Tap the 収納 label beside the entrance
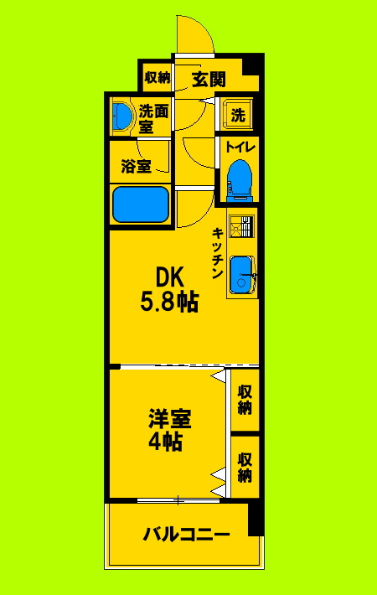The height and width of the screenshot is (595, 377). click(x=157, y=78)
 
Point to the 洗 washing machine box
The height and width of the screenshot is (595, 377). click(x=238, y=116)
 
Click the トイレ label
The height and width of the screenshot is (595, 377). click(x=240, y=147)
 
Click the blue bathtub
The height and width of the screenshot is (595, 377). click(x=140, y=204)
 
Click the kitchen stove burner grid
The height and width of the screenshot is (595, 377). click(x=241, y=228)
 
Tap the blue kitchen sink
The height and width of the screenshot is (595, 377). click(x=242, y=274)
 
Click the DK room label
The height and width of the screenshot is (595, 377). click(x=168, y=276)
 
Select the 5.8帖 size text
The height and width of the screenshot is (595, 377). click(x=168, y=302)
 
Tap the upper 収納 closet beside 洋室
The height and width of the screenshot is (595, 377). click(x=245, y=400)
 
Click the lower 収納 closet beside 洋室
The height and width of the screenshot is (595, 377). click(x=245, y=468)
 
